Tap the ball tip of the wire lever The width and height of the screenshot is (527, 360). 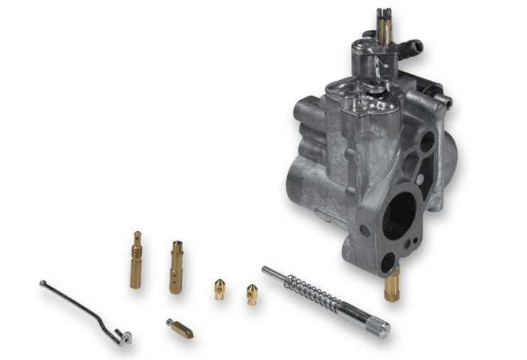tap(42, 283)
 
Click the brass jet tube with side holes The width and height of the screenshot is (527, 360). tap(176, 268)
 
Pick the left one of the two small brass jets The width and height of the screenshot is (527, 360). tap(219, 289)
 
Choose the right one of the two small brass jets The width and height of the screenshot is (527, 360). tap(251, 293)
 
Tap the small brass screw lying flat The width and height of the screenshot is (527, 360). tap(180, 329)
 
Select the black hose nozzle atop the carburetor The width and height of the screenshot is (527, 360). tap(413, 48)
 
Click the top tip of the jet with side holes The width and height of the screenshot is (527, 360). tap(176, 244)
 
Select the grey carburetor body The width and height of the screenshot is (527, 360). tap(341, 163)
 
